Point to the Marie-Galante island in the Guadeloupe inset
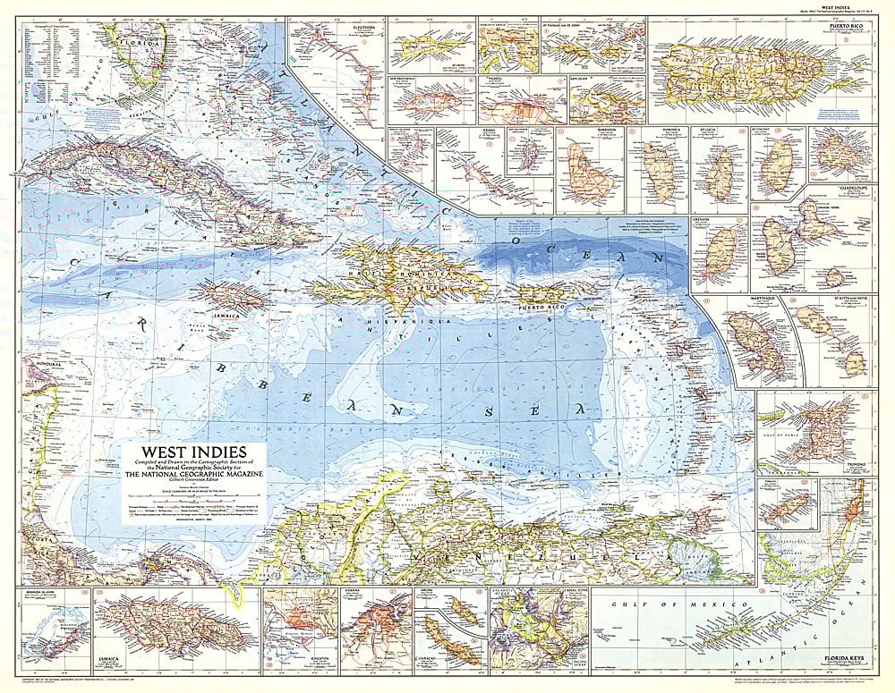coord(836,276)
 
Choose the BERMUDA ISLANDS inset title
coord(39,592)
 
